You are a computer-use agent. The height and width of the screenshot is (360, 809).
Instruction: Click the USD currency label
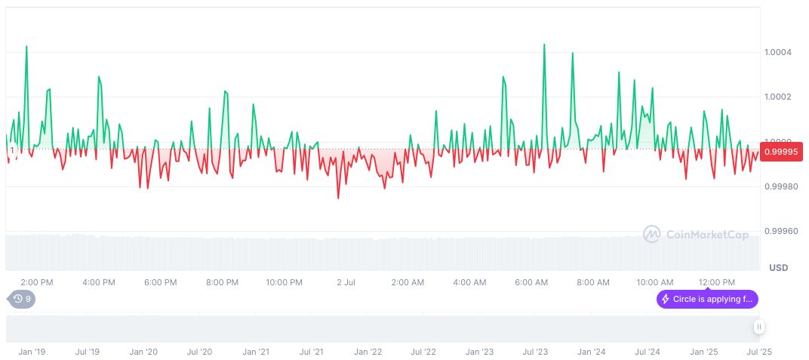(x=778, y=268)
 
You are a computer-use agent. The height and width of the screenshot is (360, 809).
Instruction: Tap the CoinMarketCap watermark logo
(x=696, y=235)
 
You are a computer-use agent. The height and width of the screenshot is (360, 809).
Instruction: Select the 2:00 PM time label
(x=37, y=282)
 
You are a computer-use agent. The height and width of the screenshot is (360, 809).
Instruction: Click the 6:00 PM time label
(x=161, y=282)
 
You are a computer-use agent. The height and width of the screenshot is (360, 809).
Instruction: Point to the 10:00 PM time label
(x=285, y=282)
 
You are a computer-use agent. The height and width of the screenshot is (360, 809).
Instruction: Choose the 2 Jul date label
(x=346, y=282)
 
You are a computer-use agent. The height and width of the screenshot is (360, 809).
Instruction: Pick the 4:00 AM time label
(x=469, y=282)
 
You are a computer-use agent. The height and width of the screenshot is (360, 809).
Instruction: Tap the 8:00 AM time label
(x=593, y=282)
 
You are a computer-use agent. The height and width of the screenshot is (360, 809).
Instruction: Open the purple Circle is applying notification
(x=707, y=300)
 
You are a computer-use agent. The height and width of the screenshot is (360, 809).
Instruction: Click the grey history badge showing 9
(x=22, y=299)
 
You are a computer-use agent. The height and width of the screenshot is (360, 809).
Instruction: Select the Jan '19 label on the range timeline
(x=32, y=352)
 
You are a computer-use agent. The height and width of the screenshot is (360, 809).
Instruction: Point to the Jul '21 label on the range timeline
(x=312, y=352)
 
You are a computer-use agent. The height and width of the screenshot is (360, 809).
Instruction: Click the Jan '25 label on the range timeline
(x=704, y=352)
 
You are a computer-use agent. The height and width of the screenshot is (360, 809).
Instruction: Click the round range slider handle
(x=758, y=327)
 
